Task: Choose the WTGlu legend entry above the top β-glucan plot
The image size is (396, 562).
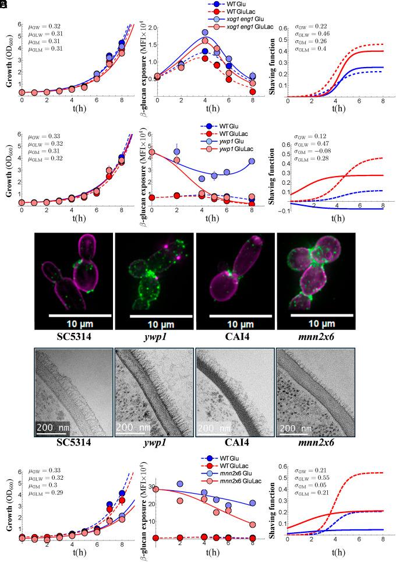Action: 236,3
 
